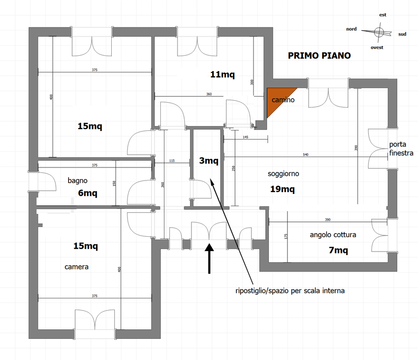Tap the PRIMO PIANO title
[319, 56]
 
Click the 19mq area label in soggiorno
[282, 189]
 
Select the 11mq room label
[223, 75]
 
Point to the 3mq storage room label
[209, 161]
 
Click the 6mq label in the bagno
[88, 193]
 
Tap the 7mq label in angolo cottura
[338, 251]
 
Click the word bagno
[77, 180]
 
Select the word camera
[77, 267]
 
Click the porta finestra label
[401, 148]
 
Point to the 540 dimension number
[305, 155]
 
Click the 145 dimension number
[245, 137]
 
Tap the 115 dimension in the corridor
[172, 161]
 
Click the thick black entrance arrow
[209, 258]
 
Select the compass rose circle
[379, 32]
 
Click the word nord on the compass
[351, 29]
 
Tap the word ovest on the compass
[377, 48]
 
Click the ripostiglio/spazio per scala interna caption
[290, 291]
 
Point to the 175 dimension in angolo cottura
[286, 236]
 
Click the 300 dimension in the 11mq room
[252, 82]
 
